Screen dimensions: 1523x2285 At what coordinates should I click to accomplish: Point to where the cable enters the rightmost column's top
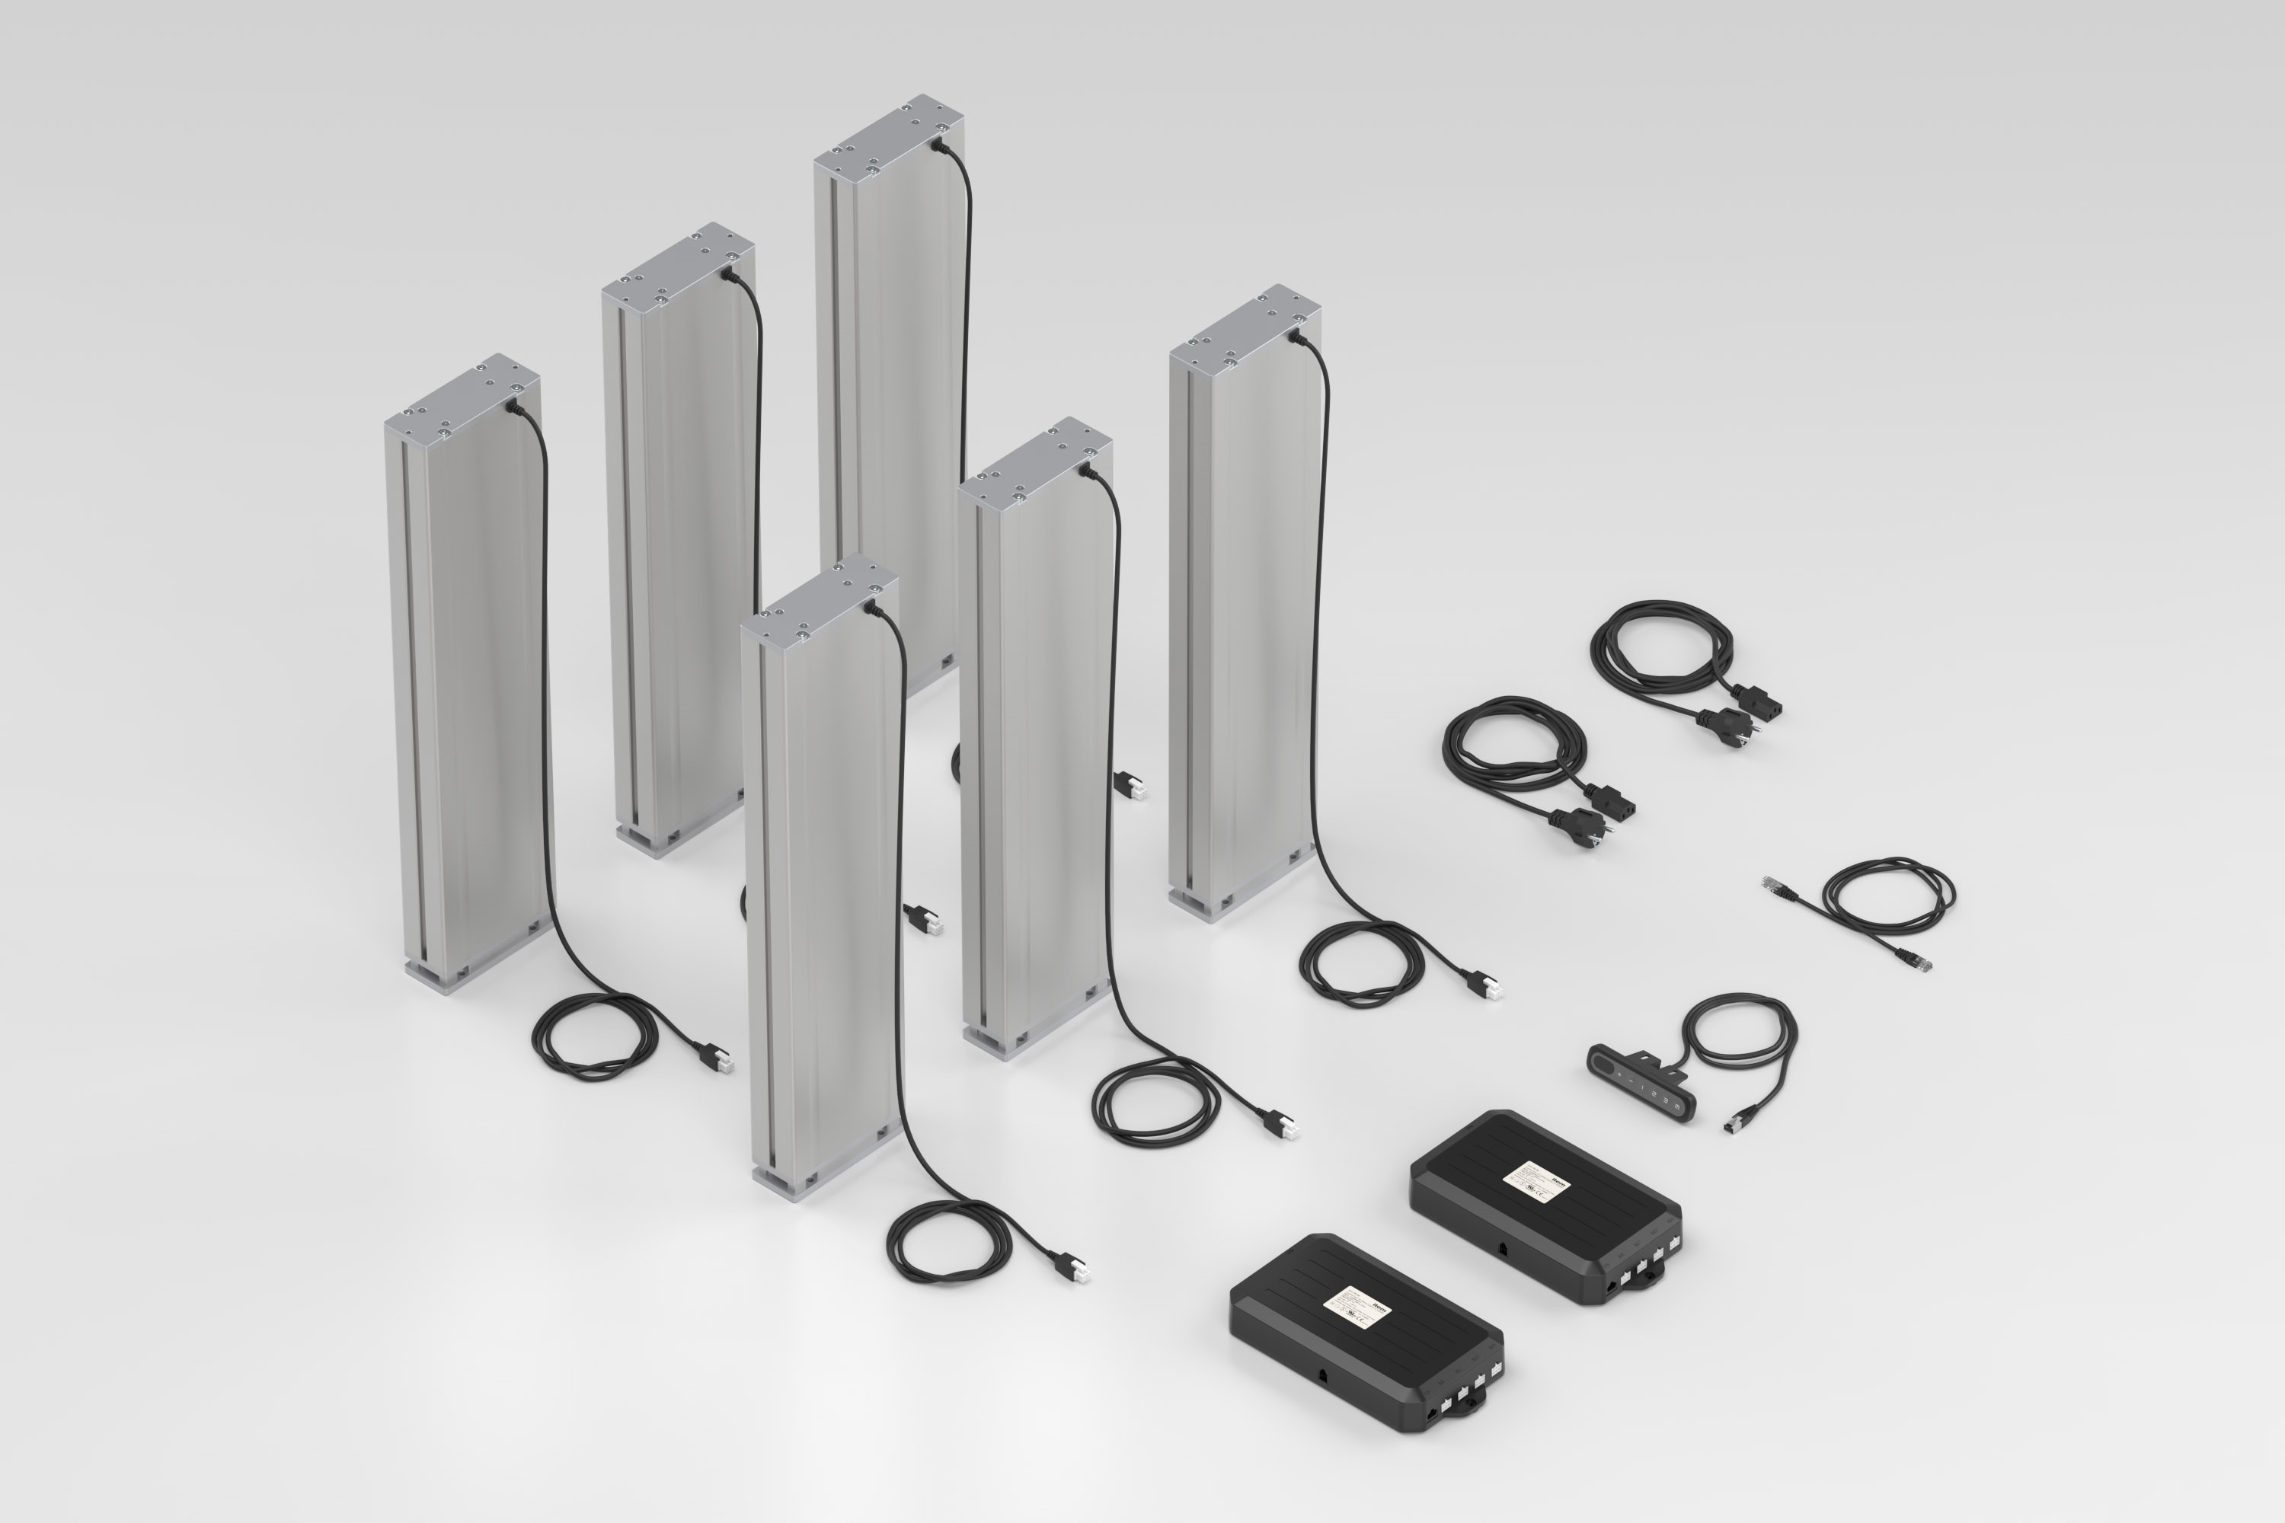tap(1295, 336)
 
